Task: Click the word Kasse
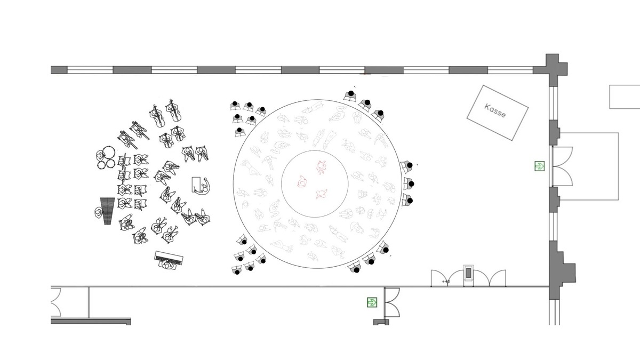[495, 111]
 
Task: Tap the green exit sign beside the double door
[540, 166]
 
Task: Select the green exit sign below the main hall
[372, 302]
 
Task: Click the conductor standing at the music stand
[205, 186]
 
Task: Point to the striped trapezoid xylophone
[107, 211]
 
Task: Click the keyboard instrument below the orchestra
[169, 258]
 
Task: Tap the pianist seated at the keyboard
[166, 265]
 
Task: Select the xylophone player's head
[99, 213]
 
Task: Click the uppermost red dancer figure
[322, 167]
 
